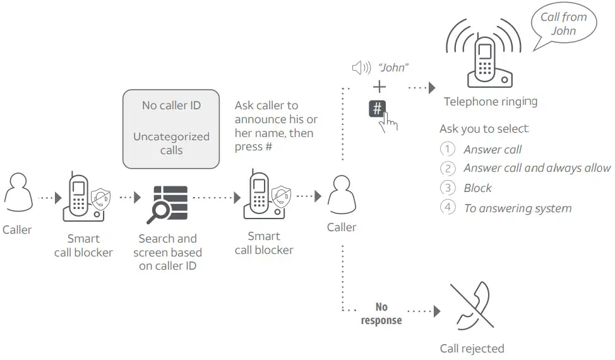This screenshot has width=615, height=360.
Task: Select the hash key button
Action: pos(378,108)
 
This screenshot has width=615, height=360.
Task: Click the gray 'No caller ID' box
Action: pos(171,128)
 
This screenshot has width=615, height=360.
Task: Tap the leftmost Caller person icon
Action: pos(17,195)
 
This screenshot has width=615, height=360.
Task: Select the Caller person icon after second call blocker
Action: pos(342,195)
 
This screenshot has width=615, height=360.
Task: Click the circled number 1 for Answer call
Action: pos(447,150)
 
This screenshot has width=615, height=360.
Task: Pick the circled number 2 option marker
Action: pos(447,169)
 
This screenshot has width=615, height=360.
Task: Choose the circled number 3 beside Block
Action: pos(447,188)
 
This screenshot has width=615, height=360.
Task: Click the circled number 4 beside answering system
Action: pos(447,208)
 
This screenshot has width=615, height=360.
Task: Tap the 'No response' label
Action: pos(381,313)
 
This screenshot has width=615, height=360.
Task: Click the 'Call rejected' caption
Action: pos(472,349)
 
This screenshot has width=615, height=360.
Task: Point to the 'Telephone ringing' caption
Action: pos(490,102)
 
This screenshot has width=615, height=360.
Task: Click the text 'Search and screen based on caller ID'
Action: pos(167,252)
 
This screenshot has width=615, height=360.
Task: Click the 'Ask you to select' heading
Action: pos(484,129)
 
